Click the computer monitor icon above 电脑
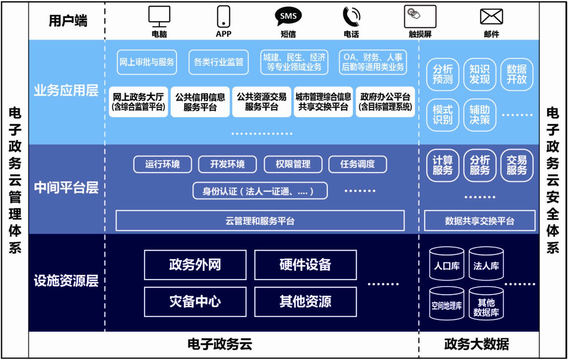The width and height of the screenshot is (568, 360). (x=159, y=16)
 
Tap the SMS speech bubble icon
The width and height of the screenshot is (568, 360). (x=288, y=16)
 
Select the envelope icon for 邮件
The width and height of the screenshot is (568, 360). (x=491, y=16)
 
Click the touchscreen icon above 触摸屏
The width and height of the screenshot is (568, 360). (x=420, y=16)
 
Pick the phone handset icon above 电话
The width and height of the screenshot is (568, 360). (x=351, y=16)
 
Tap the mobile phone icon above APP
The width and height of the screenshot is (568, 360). (x=223, y=16)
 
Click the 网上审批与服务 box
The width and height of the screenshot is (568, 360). (x=146, y=62)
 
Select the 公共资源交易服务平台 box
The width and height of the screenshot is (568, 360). (x=261, y=102)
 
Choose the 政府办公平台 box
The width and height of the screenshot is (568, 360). (x=385, y=102)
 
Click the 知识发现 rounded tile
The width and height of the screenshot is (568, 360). (x=479, y=74)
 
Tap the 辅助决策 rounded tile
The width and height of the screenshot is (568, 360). (x=479, y=115)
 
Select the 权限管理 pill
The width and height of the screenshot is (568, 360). (x=293, y=164)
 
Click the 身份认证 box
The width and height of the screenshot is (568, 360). (x=260, y=191)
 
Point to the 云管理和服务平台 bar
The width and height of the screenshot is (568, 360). (x=260, y=221)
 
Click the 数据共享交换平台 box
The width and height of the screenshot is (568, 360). (x=479, y=221)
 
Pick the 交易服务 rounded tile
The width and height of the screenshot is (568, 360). (x=516, y=165)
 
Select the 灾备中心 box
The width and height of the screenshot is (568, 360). (x=195, y=302)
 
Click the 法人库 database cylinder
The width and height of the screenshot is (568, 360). (x=486, y=264)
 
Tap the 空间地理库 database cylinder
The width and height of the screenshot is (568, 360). (x=446, y=304)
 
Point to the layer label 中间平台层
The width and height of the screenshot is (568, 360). (x=66, y=187)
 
